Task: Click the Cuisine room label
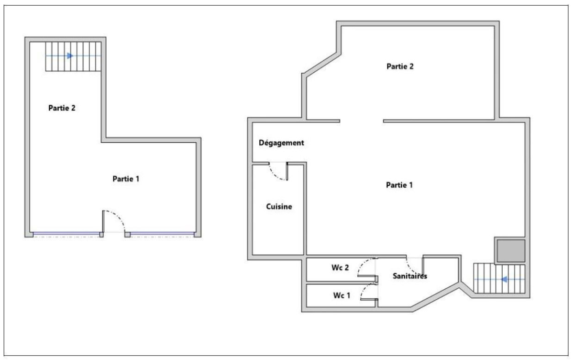[x=278, y=207]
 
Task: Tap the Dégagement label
[x=281, y=143]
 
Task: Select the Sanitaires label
[x=409, y=276]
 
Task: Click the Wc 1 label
[x=342, y=295]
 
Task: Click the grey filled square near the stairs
[x=510, y=251]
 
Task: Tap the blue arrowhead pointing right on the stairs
[x=70, y=56]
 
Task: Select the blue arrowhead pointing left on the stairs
[x=503, y=279]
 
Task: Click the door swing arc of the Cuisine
[x=277, y=172]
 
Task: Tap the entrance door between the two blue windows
[x=114, y=223]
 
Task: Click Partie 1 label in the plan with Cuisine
[x=399, y=185]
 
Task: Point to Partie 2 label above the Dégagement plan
[x=400, y=67]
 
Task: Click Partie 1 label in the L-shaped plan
[x=126, y=179]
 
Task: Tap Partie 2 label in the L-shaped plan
[x=62, y=108]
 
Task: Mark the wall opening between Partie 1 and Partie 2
[x=362, y=120]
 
